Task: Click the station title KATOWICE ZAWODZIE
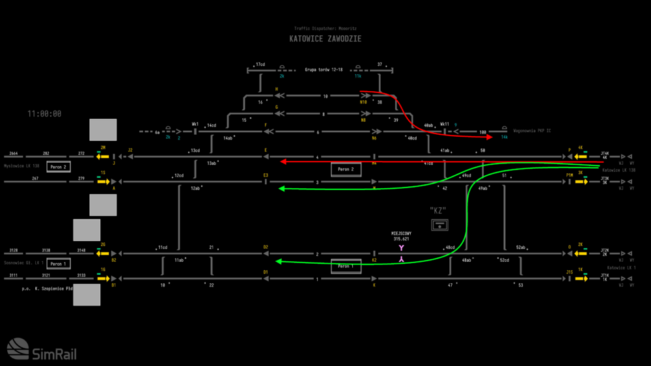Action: point(325,39)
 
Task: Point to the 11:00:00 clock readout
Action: point(44,114)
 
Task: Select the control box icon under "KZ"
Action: point(440,225)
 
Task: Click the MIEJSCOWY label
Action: point(402,234)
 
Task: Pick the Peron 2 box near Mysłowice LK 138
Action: point(58,167)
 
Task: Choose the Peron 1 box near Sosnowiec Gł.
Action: point(58,264)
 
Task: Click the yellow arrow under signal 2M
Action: point(103,156)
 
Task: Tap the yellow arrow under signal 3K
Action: point(581,182)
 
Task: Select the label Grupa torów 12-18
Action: point(324,70)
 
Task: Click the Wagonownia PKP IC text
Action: point(532,131)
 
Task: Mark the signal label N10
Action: point(364,102)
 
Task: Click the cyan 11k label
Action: point(357,76)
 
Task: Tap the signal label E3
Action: point(266,175)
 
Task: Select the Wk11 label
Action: point(445,124)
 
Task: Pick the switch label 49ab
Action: point(482,188)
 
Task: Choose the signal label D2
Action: point(266,247)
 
